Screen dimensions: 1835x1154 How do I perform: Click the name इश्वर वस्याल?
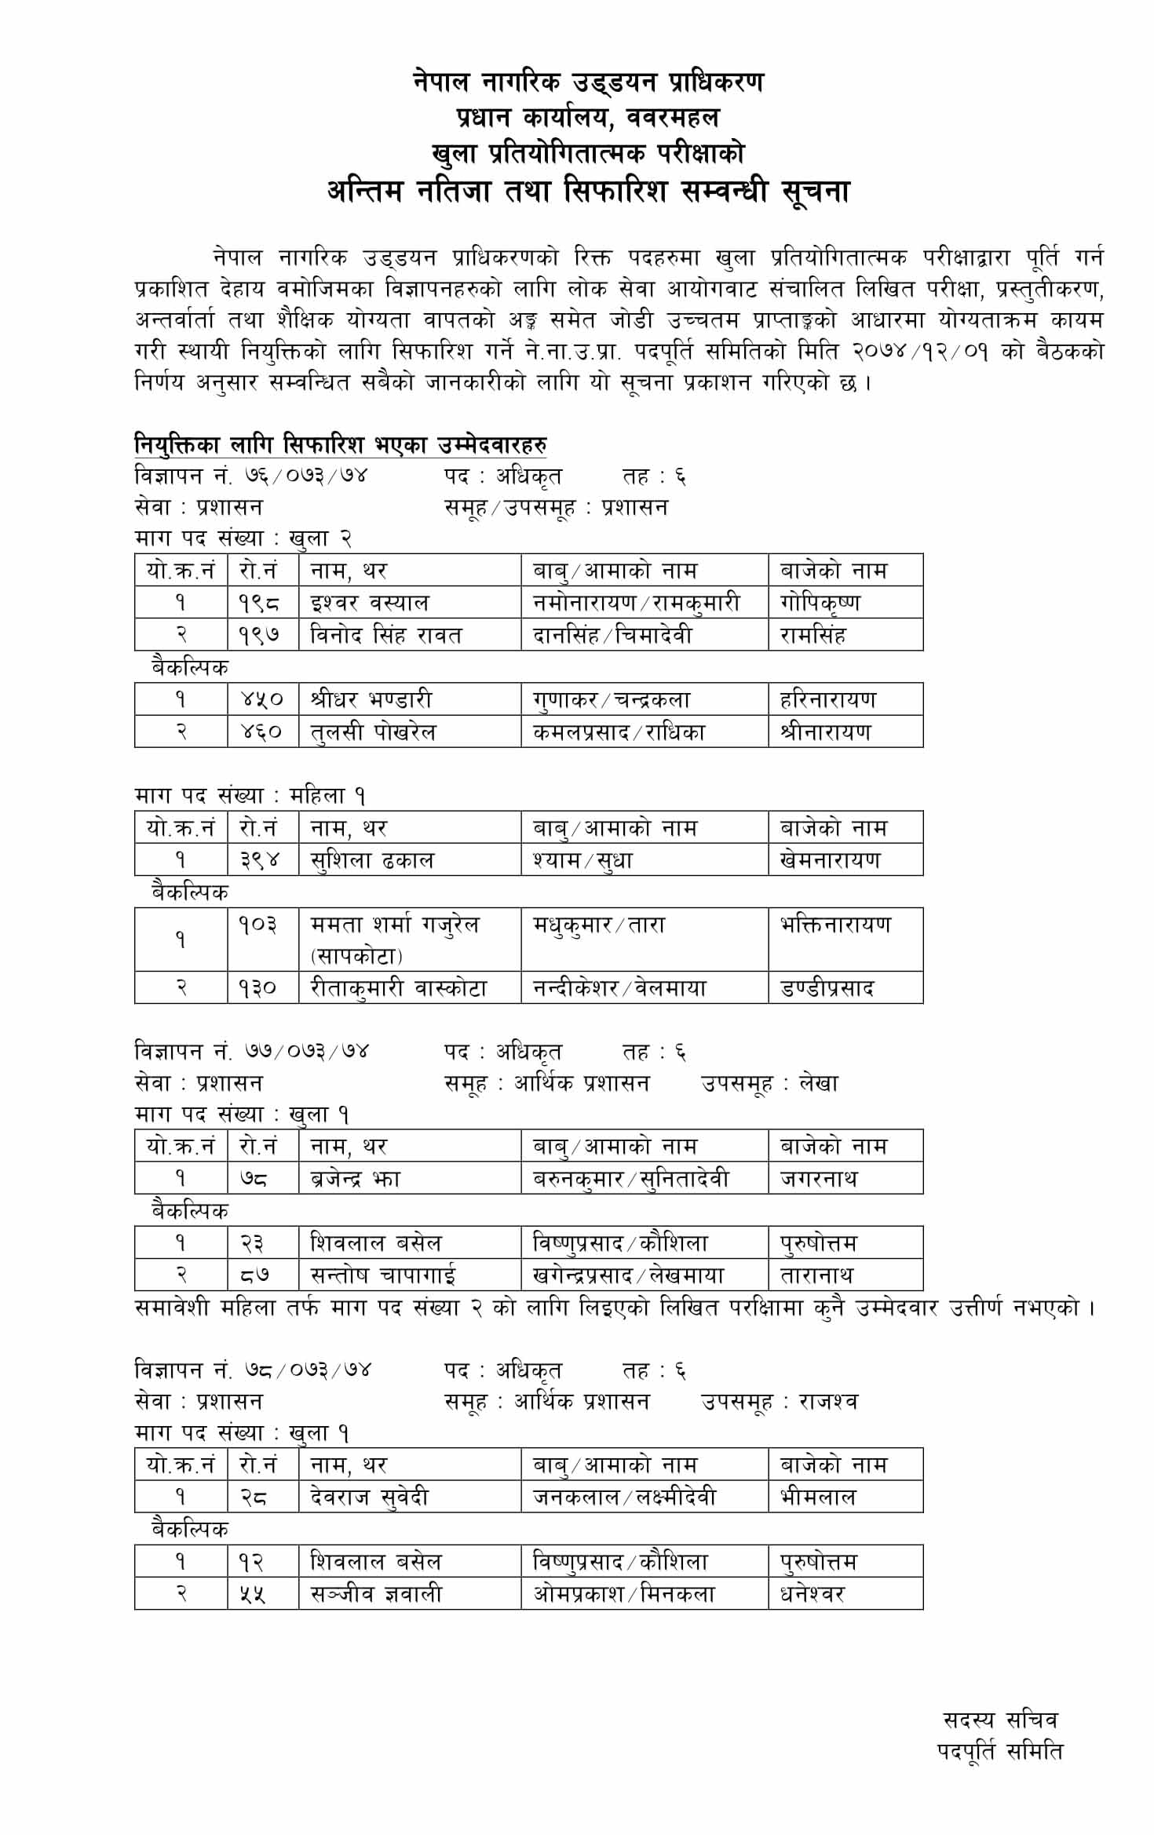tap(370, 603)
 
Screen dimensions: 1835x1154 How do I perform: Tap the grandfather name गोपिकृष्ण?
tap(820, 603)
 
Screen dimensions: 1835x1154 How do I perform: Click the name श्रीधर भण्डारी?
tap(371, 699)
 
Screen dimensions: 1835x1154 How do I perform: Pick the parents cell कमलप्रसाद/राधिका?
tap(619, 732)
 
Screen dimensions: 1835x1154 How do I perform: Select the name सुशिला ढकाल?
tap(372, 860)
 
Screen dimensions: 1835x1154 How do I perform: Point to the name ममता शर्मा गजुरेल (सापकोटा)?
tap(395, 939)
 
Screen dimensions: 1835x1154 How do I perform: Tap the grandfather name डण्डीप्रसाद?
tap(827, 988)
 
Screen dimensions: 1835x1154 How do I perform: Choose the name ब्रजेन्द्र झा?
tap(356, 1179)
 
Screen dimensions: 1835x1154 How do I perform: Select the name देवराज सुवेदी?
tap(370, 1498)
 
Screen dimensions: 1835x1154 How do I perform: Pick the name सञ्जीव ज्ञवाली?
tap(376, 1594)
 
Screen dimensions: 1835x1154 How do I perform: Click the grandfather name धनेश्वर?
tap(813, 1594)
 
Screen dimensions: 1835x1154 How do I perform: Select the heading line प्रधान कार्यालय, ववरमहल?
tap(587, 118)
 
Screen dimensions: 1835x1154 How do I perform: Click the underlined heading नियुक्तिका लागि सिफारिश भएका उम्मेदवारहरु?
tap(341, 445)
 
